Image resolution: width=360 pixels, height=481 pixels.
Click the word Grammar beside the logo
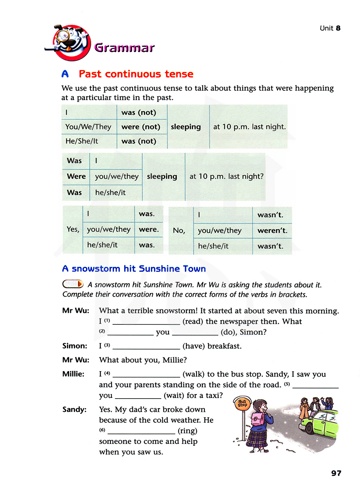124,48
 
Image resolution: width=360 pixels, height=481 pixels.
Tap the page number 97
336,473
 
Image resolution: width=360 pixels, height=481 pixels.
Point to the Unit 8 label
330,28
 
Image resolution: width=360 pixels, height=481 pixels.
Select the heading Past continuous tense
136,74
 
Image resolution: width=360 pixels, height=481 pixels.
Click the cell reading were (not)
141,127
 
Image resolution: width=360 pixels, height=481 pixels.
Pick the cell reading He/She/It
82,141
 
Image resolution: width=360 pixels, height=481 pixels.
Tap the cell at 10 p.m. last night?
226,176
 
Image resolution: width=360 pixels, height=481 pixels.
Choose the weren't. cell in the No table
273,230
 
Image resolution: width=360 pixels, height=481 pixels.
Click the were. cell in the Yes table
149,229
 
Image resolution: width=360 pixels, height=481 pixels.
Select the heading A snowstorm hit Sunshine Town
134,269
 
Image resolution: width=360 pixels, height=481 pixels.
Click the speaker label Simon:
75,346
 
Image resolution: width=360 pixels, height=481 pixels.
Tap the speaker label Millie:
73,374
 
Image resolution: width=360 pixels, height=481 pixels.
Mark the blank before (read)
146,321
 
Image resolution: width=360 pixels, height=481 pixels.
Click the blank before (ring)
141,431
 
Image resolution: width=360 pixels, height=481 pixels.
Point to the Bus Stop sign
242,403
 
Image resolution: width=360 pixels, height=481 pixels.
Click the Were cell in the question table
76,176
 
